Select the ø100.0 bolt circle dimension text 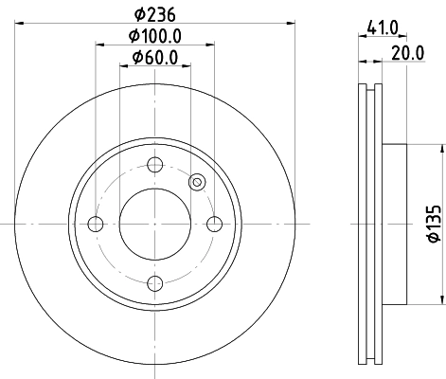pyautogui.click(x=155, y=37)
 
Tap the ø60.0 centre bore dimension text pyautogui.click(x=155, y=59)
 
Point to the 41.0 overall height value pyautogui.click(x=382, y=28)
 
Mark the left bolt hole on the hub pyautogui.click(x=95, y=224)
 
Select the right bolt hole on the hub pyautogui.click(x=215, y=224)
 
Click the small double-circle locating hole pyautogui.click(x=197, y=183)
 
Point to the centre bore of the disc pyautogui.click(x=155, y=224)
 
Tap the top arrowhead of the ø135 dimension pyautogui.click(x=441, y=149)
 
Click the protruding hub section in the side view pyautogui.click(x=395, y=224)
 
